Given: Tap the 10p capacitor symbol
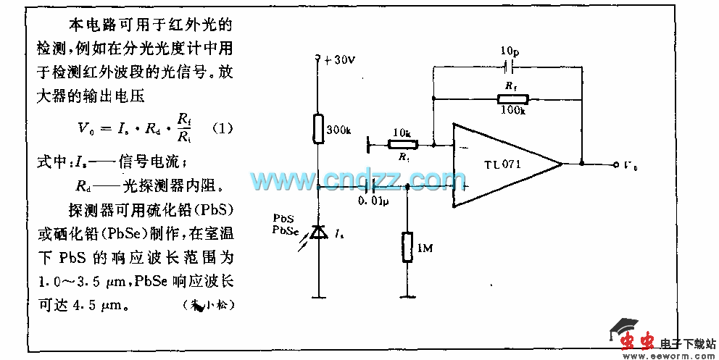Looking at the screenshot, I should [x=508, y=67].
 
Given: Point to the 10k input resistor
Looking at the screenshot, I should [x=399, y=145].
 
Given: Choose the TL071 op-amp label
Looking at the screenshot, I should [x=503, y=164].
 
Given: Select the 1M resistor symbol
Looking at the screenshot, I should [x=407, y=248].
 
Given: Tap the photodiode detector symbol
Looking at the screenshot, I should [x=317, y=232].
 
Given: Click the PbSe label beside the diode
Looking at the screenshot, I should [x=283, y=230].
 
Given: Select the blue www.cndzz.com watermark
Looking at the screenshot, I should [x=354, y=178].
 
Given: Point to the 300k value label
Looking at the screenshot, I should [x=338, y=130].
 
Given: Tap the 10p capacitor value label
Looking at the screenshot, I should [x=509, y=52].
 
